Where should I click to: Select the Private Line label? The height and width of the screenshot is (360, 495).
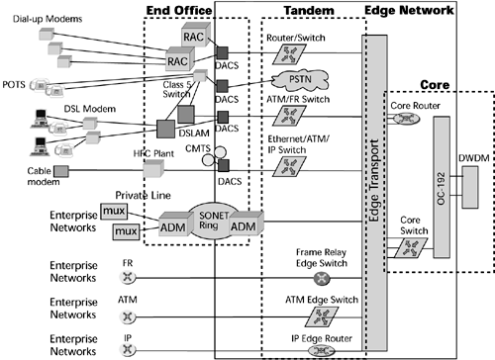(116, 196)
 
